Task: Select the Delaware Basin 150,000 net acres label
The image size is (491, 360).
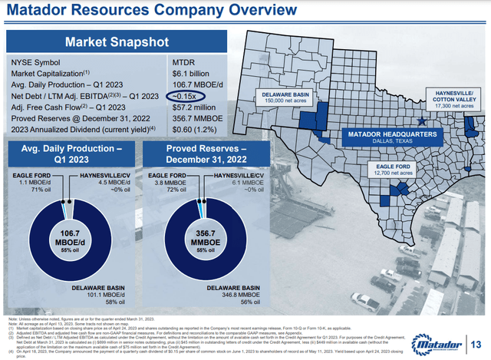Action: [283, 98]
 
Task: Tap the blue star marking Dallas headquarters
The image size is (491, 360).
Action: [420, 121]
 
